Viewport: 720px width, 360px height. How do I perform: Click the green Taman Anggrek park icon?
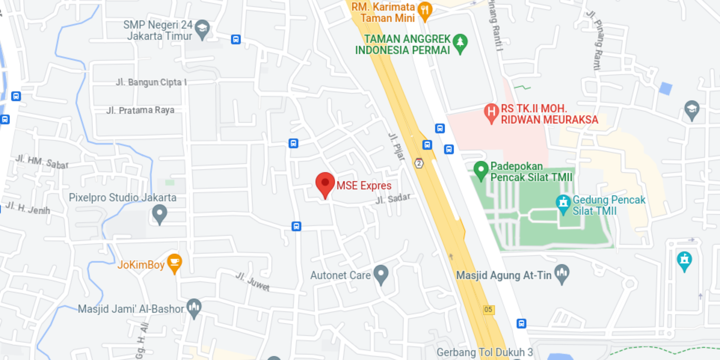tap(460, 43)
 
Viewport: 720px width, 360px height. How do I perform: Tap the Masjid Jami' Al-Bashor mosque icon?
tap(194, 307)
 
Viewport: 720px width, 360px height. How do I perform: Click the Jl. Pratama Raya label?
tap(140, 110)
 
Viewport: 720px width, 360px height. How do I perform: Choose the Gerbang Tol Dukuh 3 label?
tap(485, 352)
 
